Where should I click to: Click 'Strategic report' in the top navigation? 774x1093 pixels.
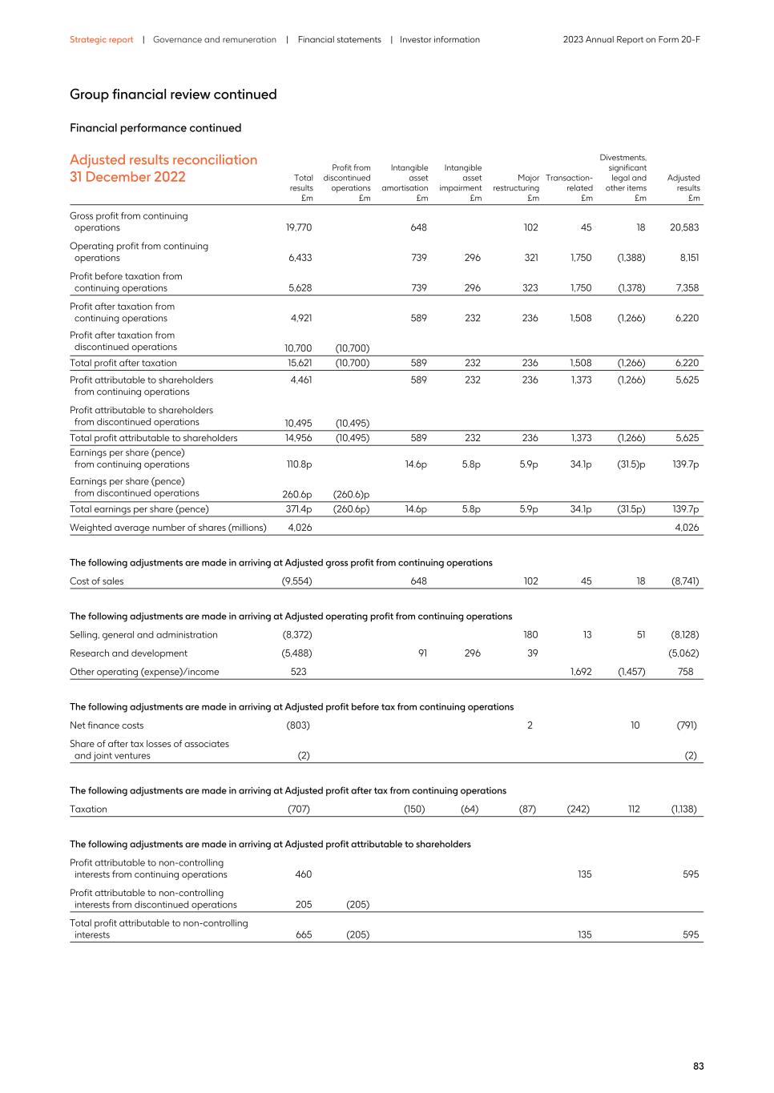pyautogui.click(x=101, y=39)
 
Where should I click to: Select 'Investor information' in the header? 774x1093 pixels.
pyautogui.click(x=439, y=39)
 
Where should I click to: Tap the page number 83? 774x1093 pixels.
pyautogui.click(x=698, y=1067)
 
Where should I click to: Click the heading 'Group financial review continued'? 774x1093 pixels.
pyautogui.click(x=173, y=94)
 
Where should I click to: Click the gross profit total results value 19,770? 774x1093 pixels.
pyautogui.click(x=298, y=227)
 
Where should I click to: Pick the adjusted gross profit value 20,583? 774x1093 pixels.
pyautogui.click(x=684, y=227)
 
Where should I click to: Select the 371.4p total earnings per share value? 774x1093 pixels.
pyautogui.click(x=298, y=509)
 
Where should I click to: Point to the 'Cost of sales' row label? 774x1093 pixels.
pyautogui.click(x=97, y=581)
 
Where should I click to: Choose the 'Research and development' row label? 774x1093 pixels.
pyautogui.click(x=128, y=653)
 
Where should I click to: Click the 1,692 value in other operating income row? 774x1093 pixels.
pyautogui.click(x=581, y=672)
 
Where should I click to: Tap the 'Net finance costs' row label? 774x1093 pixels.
pyautogui.click(x=107, y=725)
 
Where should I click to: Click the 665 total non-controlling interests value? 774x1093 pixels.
pyautogui.click(x=303, y=934)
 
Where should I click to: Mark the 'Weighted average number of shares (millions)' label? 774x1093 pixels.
pyautogui.click(x=167, y=528)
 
